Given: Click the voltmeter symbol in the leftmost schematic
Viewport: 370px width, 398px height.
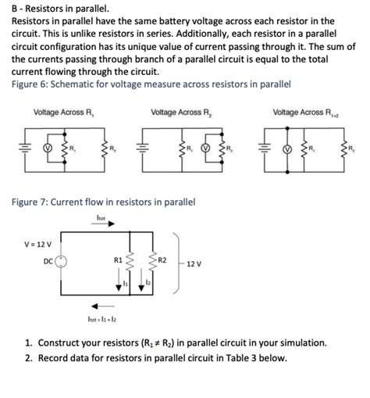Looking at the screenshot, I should tap(45, 146).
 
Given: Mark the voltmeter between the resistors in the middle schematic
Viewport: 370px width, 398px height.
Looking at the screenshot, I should tap(204, 146).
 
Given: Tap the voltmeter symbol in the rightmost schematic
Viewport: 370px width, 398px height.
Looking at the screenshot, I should tap(286, 146).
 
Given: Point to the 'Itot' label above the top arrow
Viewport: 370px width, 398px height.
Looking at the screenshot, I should tap(101, 217).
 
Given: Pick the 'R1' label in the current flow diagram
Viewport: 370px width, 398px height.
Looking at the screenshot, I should tap(118, 259).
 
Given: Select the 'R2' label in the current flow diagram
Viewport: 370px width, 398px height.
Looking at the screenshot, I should tap(162, 259).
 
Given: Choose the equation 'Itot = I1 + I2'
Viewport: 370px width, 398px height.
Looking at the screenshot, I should tap(102, 319).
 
